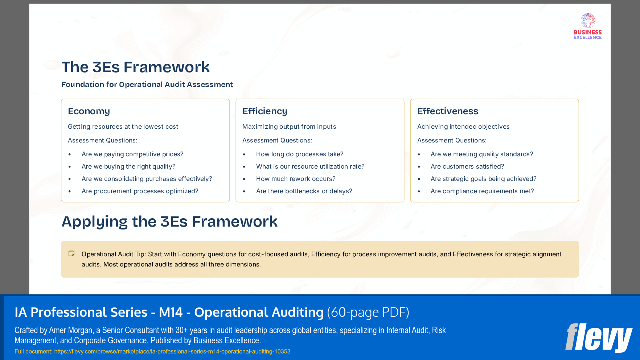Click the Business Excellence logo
click(x=587, y=26)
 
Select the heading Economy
click(x=89, y=111)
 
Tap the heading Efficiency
click(x=265, y=111)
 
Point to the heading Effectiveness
click(x=448, y=111)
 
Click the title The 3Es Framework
click(x=135, y=67)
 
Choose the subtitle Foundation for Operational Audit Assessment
click(x=147, y=84)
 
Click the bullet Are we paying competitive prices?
click(x=132, y=154)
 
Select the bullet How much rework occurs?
click(x=296, y=179)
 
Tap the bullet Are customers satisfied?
click(x=467, y=166)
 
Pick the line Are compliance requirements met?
click(x=482, y=191)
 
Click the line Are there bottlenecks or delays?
click(x=304, y=191)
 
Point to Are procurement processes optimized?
click(x=140, y=191)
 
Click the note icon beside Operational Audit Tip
click(x=71, y=254)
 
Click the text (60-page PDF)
click(x=368, y=312)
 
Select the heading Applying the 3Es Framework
click(x=169, y=222)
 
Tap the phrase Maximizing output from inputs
click(x=289, y=127)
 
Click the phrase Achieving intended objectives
click(x=463, y=127)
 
